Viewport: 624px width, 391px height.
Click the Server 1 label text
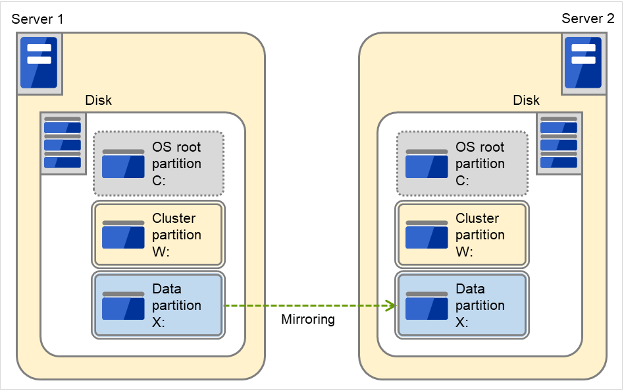coord(38,19)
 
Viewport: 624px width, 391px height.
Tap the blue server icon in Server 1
coord(39,63)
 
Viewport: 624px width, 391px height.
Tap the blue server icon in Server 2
coord(583,63)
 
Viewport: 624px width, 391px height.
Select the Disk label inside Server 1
coord(99,100)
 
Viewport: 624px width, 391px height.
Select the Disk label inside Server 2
coord(526,100)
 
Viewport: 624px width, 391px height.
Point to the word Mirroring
coord(308,320)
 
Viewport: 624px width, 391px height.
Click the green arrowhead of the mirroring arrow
coord(391,306)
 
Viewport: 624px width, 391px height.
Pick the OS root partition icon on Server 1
coord(123,164)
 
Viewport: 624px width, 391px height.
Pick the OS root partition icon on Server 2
coord(427,164)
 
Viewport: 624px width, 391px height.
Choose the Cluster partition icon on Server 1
coord(123,235)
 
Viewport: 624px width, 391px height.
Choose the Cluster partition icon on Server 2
coord(427,235)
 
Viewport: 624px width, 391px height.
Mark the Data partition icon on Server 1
coord(123,305)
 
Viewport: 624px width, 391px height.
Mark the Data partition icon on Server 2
coord(427,305)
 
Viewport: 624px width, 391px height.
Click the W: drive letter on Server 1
coord(161,251)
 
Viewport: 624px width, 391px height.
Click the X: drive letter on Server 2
coord(463,322)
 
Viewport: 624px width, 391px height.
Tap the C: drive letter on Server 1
coord(159,181)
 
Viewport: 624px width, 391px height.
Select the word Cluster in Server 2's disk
coord(477,218)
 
